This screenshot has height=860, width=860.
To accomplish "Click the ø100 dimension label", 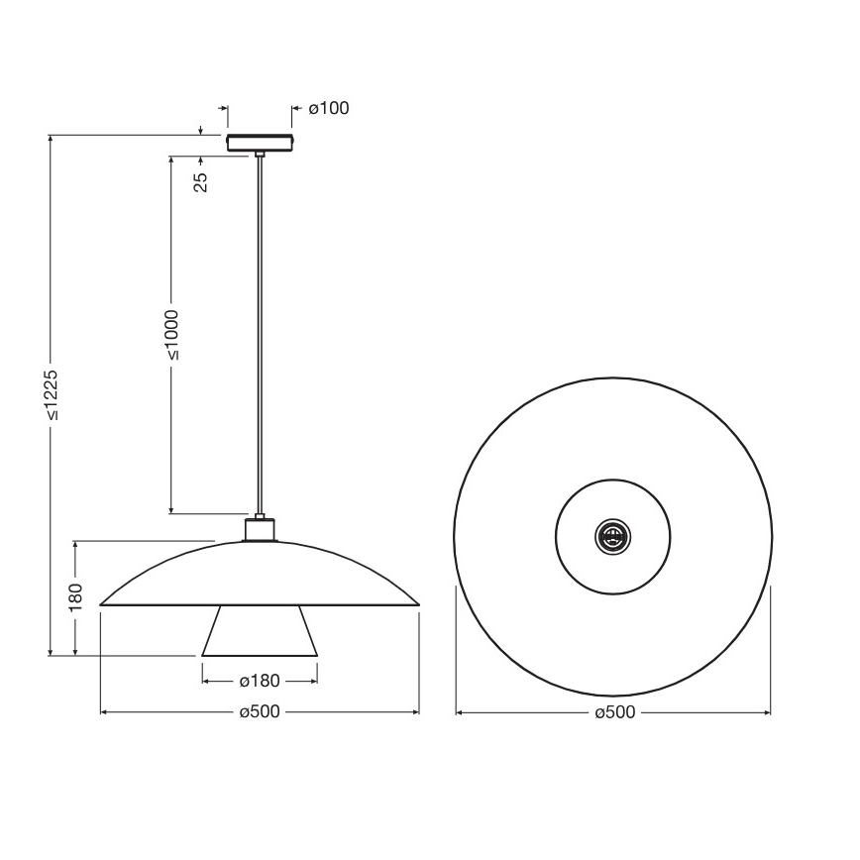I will click(329, 108).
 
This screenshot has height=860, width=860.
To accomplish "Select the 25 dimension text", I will click(201, 182).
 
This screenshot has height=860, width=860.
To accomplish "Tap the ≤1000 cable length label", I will click(171, 334).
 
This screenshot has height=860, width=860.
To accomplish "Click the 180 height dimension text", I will click(75, 598).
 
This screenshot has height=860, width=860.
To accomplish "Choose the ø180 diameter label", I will click(260, 681).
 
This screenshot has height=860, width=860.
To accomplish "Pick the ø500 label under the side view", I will click(260, 712).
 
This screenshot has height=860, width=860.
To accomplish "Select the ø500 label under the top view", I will click(613, 712).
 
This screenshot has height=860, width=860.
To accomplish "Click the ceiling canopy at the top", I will click(260, 143).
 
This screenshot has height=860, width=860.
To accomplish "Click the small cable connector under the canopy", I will click(260, 154).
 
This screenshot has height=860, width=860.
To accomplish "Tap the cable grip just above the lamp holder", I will click(260, 515).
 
